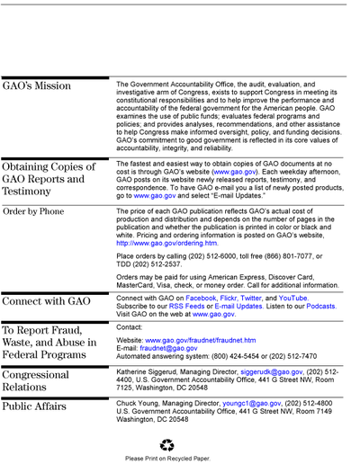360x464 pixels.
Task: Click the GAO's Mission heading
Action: coord(37,85)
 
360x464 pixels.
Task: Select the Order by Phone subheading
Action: coord(33,211)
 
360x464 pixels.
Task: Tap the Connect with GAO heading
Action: coord(46,301)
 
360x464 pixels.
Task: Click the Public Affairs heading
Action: coord(34,406)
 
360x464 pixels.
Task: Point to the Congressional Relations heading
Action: coord(36,380)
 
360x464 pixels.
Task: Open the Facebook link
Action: coord(201,299)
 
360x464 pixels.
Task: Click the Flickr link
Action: coord(229,299)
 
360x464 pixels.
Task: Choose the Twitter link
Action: coord(251,299)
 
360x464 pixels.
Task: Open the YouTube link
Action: coord(292,299)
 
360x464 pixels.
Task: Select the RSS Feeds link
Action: coord(186,307)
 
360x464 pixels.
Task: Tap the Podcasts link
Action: coord(320,307)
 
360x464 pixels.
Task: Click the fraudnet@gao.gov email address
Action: coord(168,348)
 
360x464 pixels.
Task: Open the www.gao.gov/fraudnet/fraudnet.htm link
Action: coord(201,340)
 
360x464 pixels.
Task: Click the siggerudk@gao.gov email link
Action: coord(272,372)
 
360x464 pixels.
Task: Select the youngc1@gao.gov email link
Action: coord(252,404)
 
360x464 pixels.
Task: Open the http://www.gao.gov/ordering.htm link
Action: coord(166,243)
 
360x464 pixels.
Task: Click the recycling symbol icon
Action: coord(167,445)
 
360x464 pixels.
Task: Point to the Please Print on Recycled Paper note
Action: coord(167,459)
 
